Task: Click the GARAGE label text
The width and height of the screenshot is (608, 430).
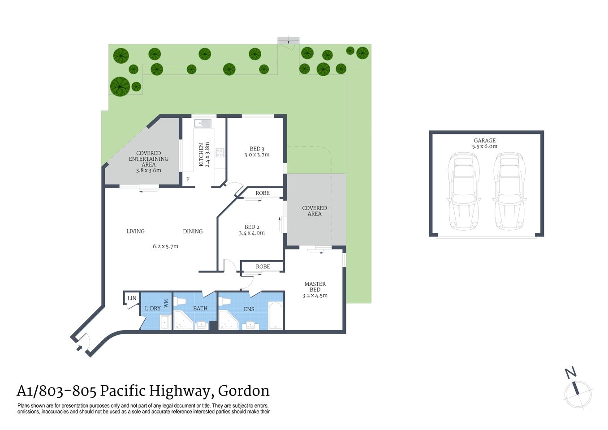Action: pyautogui.click(x=484, y=140)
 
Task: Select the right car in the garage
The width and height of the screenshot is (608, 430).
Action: pyautogui.click(x=509, y=191)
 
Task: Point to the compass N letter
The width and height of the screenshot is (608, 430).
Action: pyautogui.click(x=570, y=372)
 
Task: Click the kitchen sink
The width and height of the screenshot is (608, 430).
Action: pyautogui.click(x=203, y=123)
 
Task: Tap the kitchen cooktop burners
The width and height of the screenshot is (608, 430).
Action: pyautogui.click(x=220, y=152)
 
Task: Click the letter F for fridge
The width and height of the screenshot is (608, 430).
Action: pyautogui.click(x=188, y=179)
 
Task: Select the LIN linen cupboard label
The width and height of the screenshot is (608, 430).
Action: pyautogui.click(x=132, y=298)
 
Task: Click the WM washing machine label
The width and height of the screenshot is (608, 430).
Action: pyautogui.click(x=166, y=303)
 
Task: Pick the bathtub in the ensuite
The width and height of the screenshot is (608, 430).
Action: pyautogui.click(x=275, y=316)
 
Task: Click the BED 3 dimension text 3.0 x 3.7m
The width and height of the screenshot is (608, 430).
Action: pyautogui.click(x=257, y=155)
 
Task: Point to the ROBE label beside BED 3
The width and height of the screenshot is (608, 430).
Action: pyautogui.click(x=263, y=193)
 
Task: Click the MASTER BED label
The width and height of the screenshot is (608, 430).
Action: pyautogui.click(x=315, y=287)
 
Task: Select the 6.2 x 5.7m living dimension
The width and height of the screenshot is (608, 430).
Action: pyautogui.click(x=165, y=246)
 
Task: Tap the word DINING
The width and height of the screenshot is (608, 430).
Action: pyautogui.click(x=193, y=232)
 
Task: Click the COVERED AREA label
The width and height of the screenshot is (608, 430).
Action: pyautogui.click(x=315, y=211)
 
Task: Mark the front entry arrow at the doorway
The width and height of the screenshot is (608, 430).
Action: pyautogui.click(x=79, y=347)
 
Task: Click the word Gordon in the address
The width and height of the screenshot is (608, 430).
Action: pyautogui.click(x=244, y=391)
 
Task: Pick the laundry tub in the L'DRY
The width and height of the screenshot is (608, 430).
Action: pyautogui.click(x=165, y=322)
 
